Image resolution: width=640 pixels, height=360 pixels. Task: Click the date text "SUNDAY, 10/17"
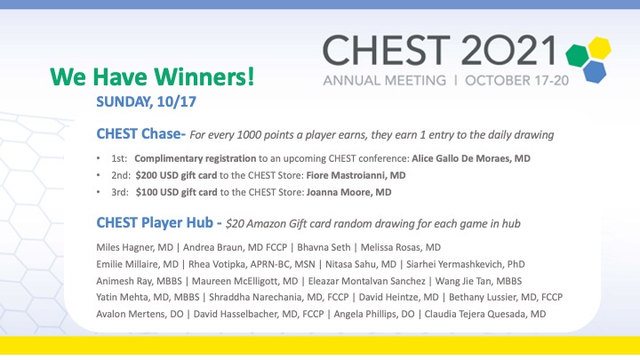click(146, 102)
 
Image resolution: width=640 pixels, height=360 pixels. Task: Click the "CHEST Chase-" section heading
click(141, 134)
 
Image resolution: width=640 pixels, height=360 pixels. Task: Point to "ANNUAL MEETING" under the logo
click(375, 78)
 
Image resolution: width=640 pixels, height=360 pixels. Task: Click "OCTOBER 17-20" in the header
click(508, 78)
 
